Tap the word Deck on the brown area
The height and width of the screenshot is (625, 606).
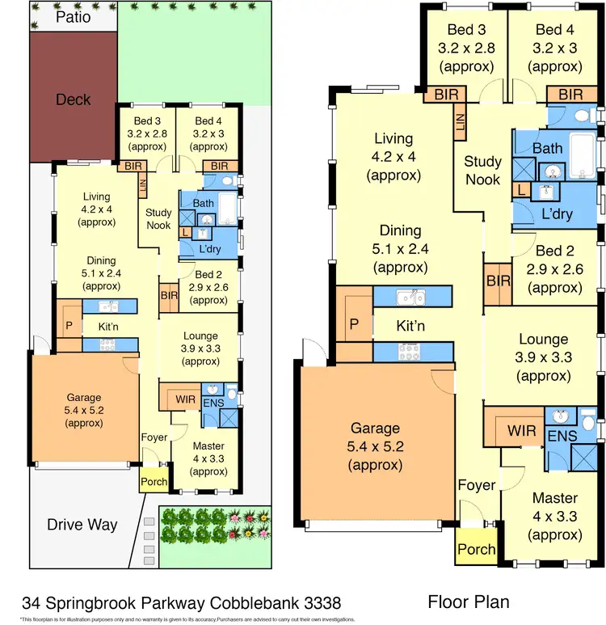pos(73,99)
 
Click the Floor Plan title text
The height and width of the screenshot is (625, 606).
pos(468,602)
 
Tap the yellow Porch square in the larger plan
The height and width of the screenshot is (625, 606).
pos(477,548)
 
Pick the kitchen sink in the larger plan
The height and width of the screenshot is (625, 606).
pos(410,297)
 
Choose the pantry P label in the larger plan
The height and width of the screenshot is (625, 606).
pos(353,324)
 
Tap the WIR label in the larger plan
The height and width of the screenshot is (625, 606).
pos(521,430)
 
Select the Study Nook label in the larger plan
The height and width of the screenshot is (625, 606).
pos(482,170)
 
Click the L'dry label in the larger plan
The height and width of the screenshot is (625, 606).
pos(558,215)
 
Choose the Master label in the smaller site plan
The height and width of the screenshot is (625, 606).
pos(208,446)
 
